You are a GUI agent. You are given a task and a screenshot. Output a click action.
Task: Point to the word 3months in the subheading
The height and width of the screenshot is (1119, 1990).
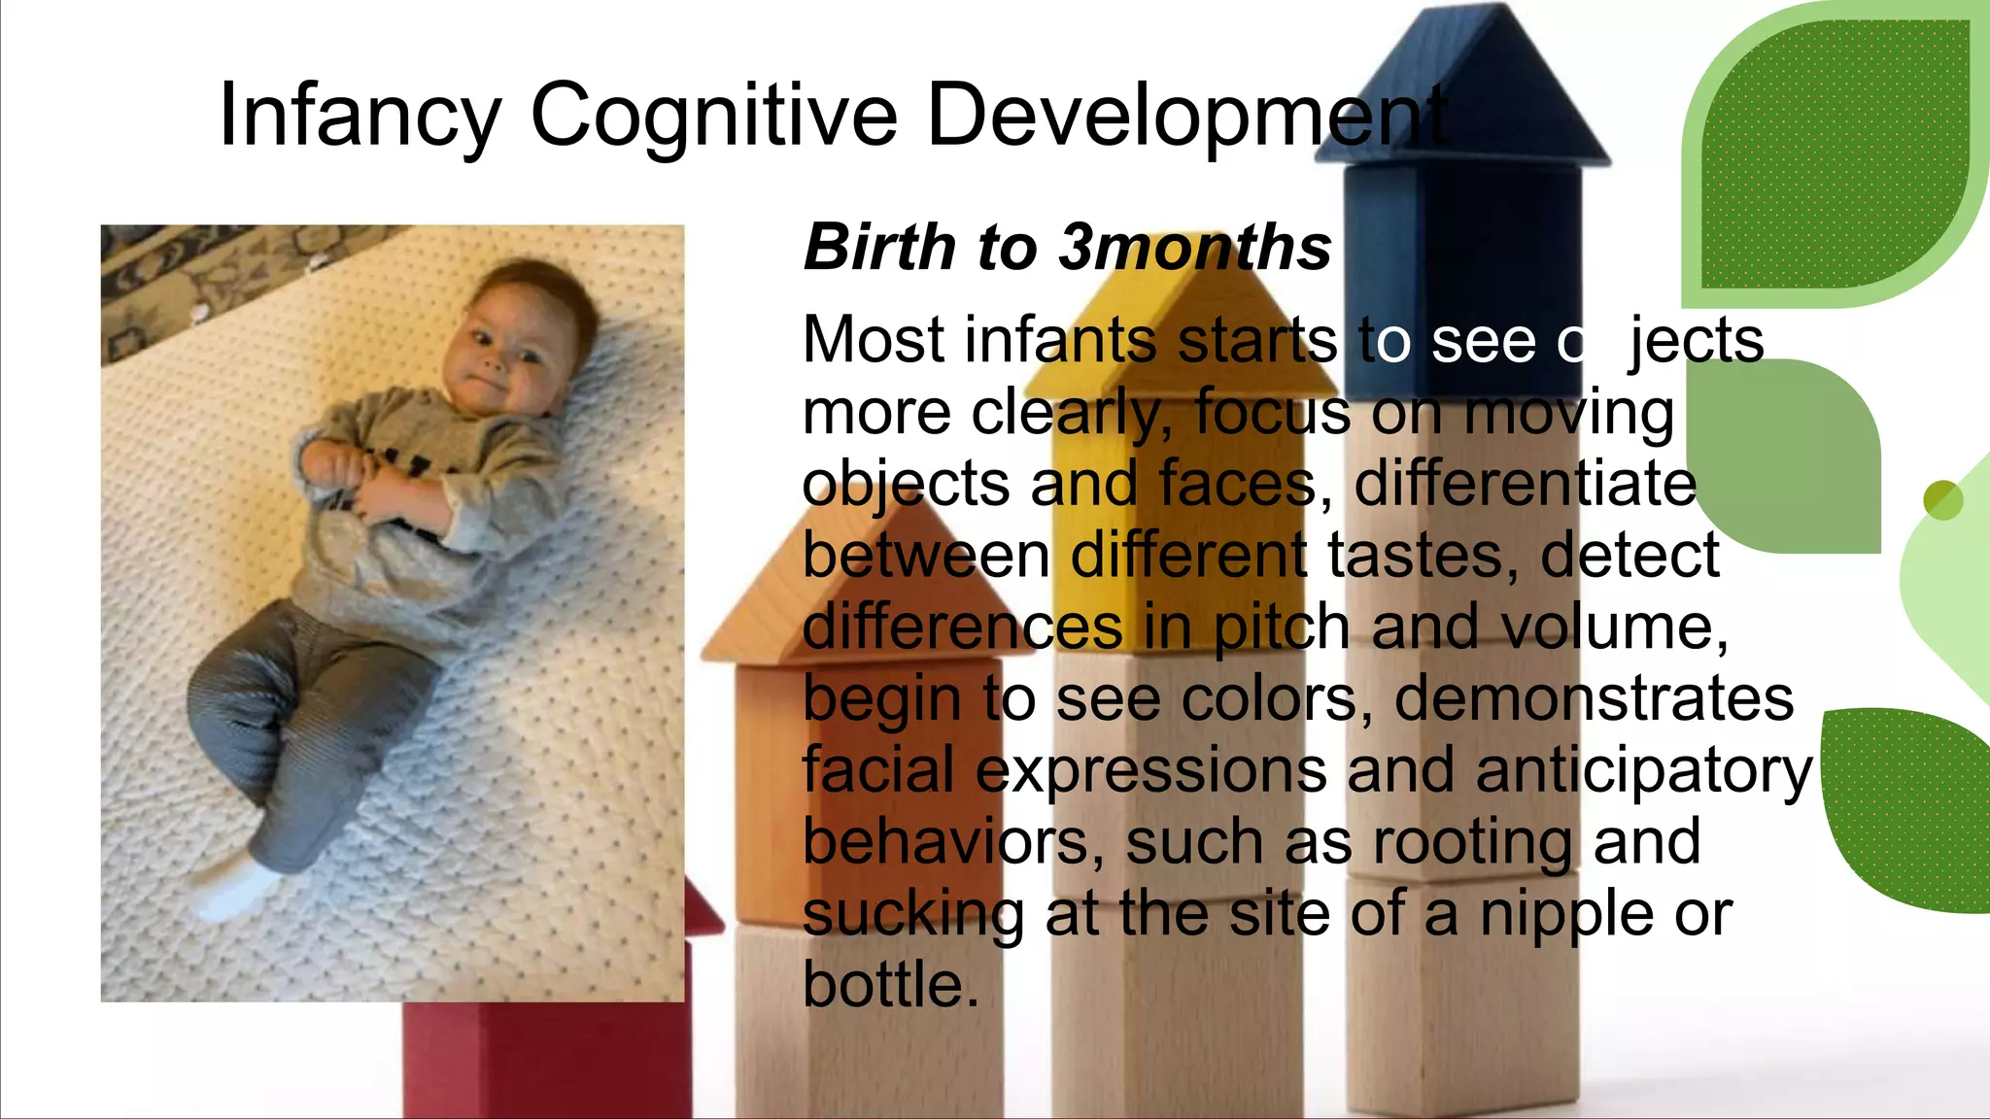point(1195,247)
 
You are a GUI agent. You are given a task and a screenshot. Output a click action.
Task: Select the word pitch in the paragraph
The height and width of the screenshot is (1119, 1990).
point(1281,627)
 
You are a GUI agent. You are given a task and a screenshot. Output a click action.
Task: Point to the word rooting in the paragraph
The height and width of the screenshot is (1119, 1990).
point(1473,841)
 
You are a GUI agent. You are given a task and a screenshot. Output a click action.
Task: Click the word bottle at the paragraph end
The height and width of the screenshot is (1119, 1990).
point(890,984)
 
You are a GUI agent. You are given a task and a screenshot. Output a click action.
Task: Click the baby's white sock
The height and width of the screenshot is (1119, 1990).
point(238,889)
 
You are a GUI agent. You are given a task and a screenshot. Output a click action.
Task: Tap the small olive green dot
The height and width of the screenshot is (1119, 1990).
point(1942,500)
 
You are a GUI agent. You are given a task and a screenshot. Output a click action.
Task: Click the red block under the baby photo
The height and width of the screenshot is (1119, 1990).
point(544,1059)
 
